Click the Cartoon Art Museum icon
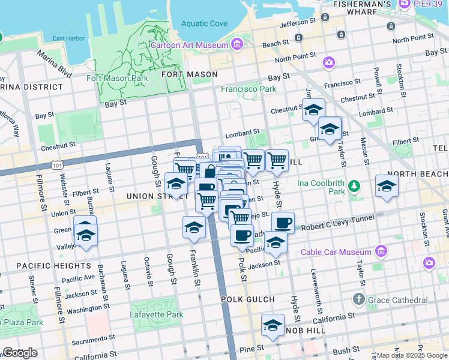[x=237, y=44]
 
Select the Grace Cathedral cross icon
[x=359, y=299]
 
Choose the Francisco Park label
[x=249, y=89]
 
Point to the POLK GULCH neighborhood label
[x=247, y=299]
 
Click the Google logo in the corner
[x=19, y=353]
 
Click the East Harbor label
[x=67, y=39]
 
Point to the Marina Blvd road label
[x=55, y=64]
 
